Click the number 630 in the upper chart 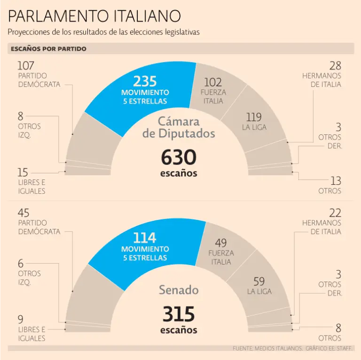(179, 157)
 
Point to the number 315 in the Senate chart (179, 314)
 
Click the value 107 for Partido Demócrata (26, 66)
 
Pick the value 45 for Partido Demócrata (24, 213)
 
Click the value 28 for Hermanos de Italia (335, 66)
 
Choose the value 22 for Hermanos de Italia (335, 213)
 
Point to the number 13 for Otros (336, 181)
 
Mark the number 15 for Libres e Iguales (23, 172)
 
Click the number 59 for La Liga (259, 282)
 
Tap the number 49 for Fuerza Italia (220, 243)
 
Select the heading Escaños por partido (48, 49)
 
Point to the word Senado (179, 290)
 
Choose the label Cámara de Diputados (179, 127)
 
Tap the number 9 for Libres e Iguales (21, 320)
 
